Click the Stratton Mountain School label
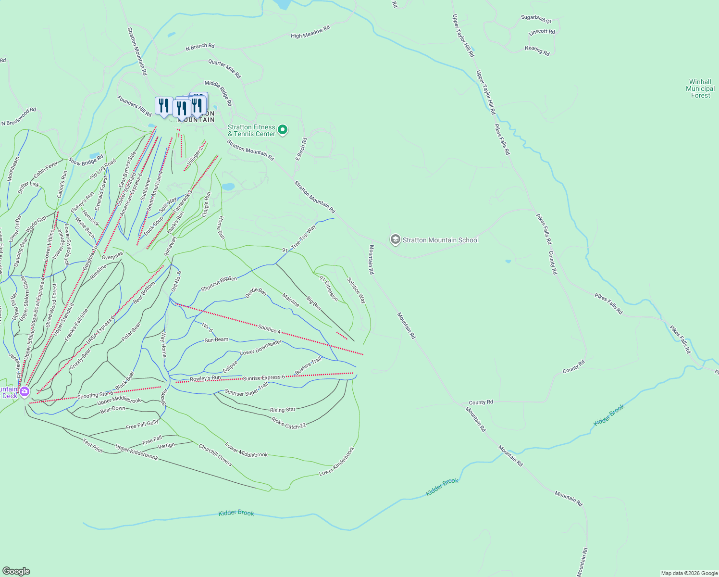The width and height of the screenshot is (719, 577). tap(440, 240)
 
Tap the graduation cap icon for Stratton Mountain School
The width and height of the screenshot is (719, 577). tap(395, 239)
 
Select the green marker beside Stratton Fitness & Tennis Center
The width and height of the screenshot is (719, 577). tap(283, 129)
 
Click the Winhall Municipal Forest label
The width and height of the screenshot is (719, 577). tap(700, 89)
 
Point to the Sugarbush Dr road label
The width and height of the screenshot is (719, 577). tap(536, 19)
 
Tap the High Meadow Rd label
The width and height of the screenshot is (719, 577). tap(310, 32)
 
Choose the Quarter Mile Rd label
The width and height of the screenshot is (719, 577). tap(224, 69)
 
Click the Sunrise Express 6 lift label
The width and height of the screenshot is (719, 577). tap(264, 378)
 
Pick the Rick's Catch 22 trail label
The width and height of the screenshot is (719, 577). tap(288, 423)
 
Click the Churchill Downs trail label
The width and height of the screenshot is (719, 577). tap(215, 455)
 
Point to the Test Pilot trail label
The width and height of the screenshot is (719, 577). tap(93, 445)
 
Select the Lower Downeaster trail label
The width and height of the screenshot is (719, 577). tap(260, 347)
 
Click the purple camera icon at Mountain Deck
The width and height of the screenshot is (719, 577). tap(25, 392)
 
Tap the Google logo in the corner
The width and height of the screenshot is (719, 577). tap(16, 571)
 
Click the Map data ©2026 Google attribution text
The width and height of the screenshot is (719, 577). tap(689, 573)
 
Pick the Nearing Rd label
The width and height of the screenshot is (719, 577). tap(537, 50)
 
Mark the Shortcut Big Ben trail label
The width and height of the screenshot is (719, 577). tap(219, 284)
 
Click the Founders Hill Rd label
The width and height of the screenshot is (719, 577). tap(134, 105)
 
